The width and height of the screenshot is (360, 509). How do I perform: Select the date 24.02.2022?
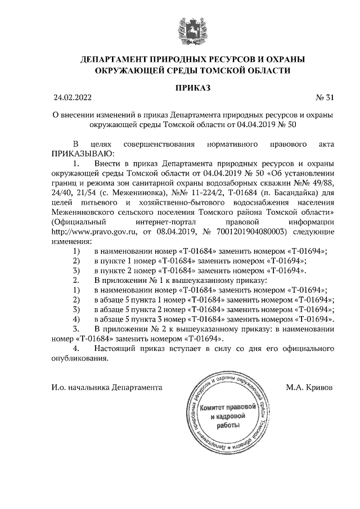71,98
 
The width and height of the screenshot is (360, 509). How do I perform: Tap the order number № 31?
326,98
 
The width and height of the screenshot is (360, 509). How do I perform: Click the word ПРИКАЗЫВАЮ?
82,153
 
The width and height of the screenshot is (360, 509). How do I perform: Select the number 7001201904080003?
254,231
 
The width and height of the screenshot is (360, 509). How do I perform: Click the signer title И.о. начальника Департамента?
106,388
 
